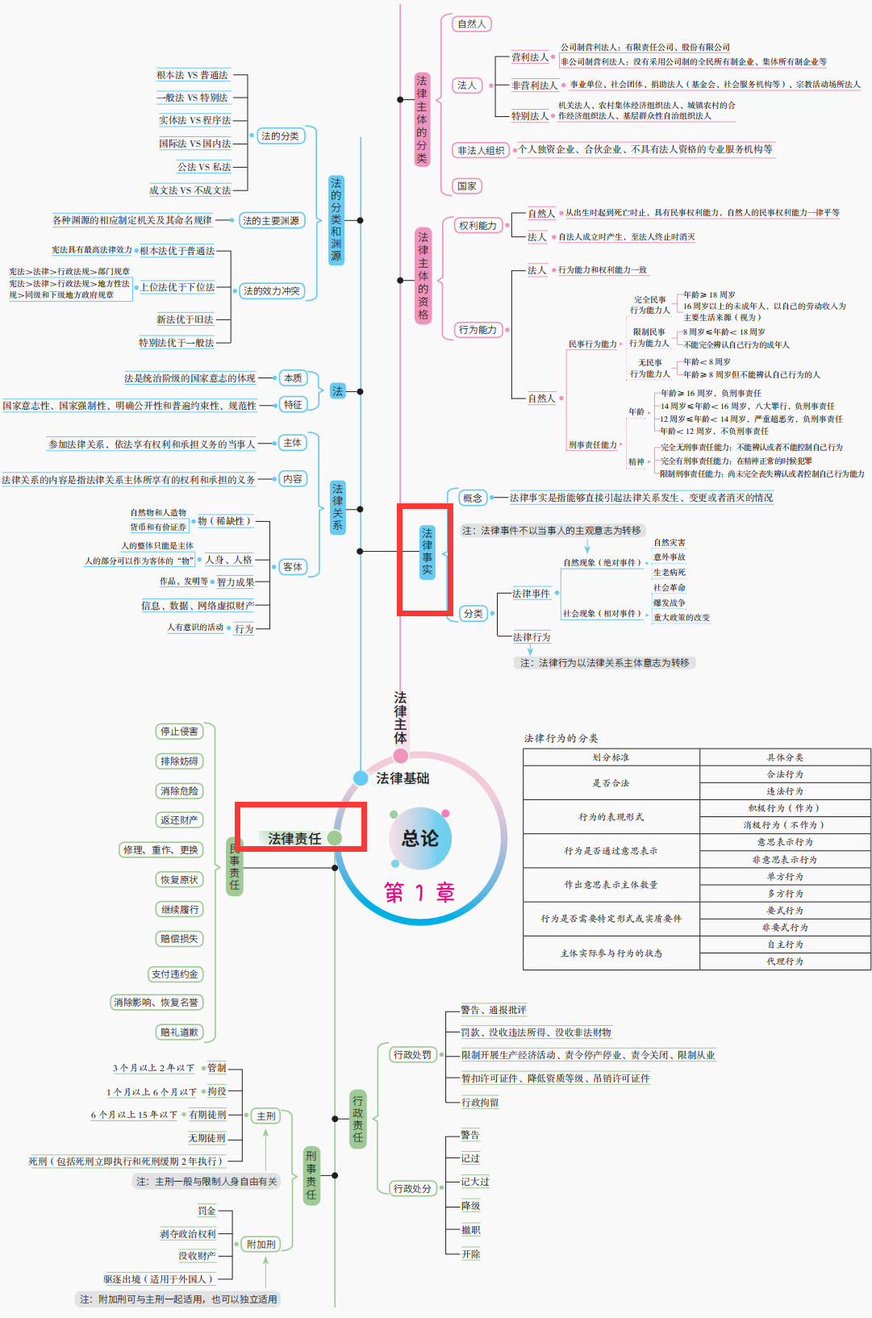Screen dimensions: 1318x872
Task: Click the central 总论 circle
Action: [x=420, y=838]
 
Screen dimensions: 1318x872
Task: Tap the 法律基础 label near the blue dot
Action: [x=402, y=778]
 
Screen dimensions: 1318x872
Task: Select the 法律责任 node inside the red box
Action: [x=294, y=838]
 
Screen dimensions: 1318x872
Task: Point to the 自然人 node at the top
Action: [x=472, y=24]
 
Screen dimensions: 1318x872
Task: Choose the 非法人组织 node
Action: [x=481, y=150]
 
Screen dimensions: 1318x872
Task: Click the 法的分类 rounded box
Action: [x=280, y=136]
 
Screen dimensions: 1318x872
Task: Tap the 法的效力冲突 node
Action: [x=271, y=290]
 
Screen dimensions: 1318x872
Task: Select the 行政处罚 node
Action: [x=412, y=1054]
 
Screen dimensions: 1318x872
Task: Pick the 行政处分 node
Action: [x=412, y=1188]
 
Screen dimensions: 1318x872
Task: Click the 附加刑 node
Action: [x=261, y=1244]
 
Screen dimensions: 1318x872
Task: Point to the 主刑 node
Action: [x=266, y=1116]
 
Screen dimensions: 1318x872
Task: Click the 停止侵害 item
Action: [x=179, y=731]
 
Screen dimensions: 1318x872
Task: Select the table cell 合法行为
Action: [x=784, y=774]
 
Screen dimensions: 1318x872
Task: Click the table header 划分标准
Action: [x=611, y=757]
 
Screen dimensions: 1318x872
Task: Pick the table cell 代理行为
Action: [x=784, y=961]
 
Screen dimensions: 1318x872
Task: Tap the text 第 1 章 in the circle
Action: [x=419, y=892]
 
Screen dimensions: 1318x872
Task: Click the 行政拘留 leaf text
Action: [x=480, y=1102]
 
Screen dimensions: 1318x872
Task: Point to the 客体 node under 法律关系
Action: [x=293, y=566]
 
